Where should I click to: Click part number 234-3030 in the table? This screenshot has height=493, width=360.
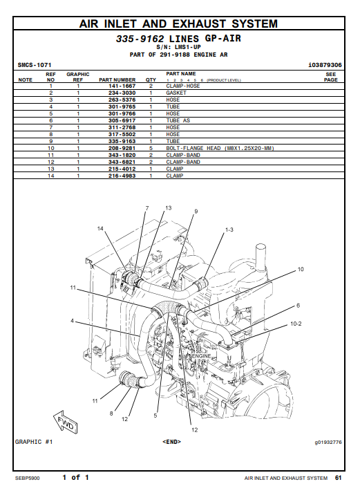point(122,93)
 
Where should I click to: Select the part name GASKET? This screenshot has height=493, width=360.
point(176,93)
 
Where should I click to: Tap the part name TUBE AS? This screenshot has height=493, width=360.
point(178,120)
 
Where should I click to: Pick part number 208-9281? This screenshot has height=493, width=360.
point(122,148)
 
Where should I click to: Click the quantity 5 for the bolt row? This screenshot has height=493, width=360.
point(151,148)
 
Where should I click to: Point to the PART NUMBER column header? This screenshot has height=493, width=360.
point(117,80)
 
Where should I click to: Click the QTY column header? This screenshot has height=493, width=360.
point(151,80)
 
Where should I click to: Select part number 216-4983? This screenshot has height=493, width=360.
point(122,176)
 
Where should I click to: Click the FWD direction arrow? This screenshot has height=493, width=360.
point(66,422)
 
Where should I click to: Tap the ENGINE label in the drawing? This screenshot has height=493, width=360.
point(201,356)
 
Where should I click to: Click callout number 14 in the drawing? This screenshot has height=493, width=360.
point(100,229)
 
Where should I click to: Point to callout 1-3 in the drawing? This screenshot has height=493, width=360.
point(229,230)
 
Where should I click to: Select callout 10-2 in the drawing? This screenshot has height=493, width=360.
point(296,324)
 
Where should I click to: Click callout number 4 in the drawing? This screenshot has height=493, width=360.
point(73,321)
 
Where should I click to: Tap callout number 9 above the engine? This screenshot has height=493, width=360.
point(196,212)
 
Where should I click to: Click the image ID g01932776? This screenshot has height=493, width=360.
point(328,443)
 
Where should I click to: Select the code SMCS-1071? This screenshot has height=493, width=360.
point(35,65)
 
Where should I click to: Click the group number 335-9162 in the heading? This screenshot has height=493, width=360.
point(140,39)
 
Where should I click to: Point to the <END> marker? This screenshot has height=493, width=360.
point(172,442)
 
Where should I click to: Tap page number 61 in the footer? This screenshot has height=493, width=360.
point(338,478)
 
